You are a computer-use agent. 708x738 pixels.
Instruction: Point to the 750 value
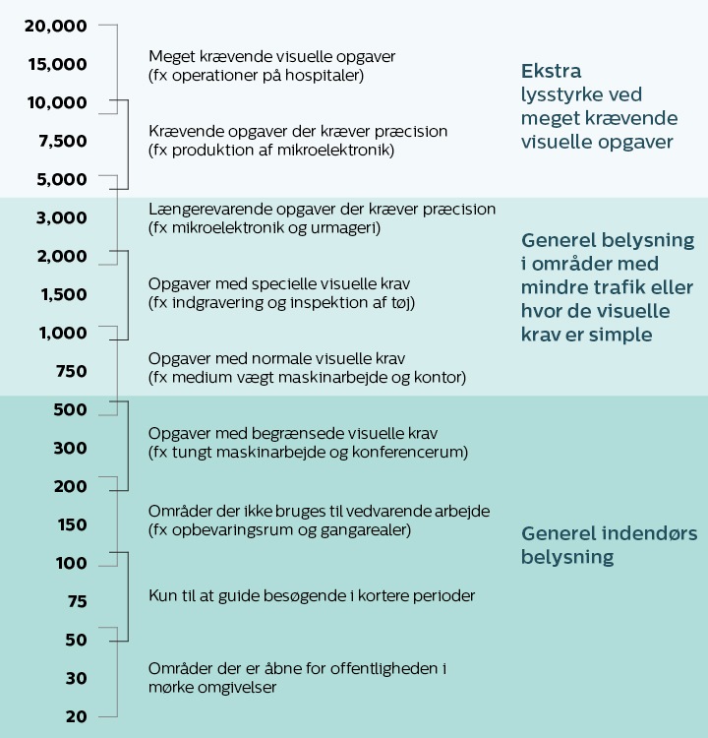pyautogui.click(x=72, y=371)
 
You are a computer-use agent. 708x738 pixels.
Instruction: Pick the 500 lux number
pyautogui.click(x=72, y=409)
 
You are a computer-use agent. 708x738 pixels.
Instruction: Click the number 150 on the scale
pyautogui.click(x=72, y=524)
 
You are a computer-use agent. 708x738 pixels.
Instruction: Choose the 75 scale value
pyautogui.click(x=76, y=601)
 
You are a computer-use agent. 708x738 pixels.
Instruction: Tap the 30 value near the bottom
pyautogui.click(x=76, y=678)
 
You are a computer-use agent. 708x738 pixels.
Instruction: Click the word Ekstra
pyautogui.click(x=551, y=71)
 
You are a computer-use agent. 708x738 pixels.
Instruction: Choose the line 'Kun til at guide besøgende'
pyautogui.click(x=311, y=596)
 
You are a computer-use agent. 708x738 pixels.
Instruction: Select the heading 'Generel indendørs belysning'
pyautogui.click(x=609, y=545)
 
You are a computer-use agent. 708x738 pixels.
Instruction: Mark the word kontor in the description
pyautogui.click(x=440, y=377)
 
